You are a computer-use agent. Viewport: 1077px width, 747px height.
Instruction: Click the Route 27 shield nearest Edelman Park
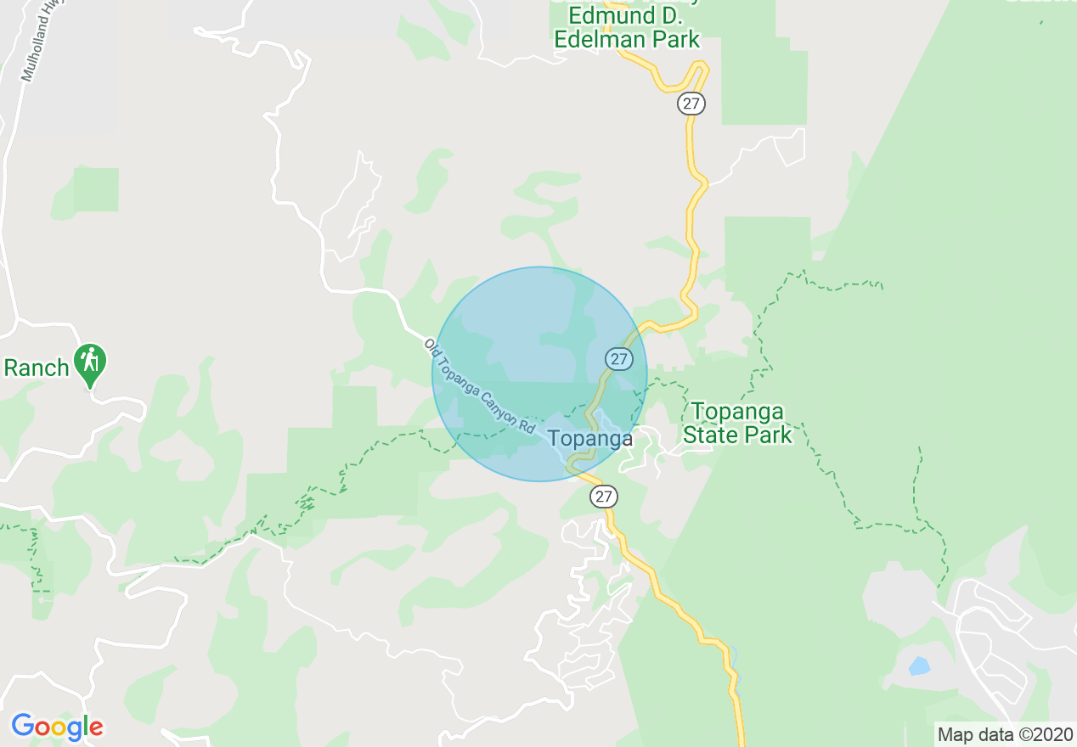tap(691, 104)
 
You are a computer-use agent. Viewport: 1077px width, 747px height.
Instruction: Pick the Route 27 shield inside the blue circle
tap(619, 359)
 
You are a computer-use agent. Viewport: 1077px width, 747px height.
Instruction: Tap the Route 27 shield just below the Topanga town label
tap(603, 497)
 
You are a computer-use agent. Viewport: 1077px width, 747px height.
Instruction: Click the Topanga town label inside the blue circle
tap(590, 439)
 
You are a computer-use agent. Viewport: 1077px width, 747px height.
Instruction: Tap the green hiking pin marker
tap(89, 362)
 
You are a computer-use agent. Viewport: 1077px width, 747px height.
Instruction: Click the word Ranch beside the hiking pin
tap(37, 368)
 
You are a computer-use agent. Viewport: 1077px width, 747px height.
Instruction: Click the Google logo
tap(57, 727)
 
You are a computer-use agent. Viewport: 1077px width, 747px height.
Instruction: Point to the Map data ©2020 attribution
tap(1003, 734)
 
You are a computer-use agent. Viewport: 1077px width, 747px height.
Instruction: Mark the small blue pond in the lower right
tap(919, 666)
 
